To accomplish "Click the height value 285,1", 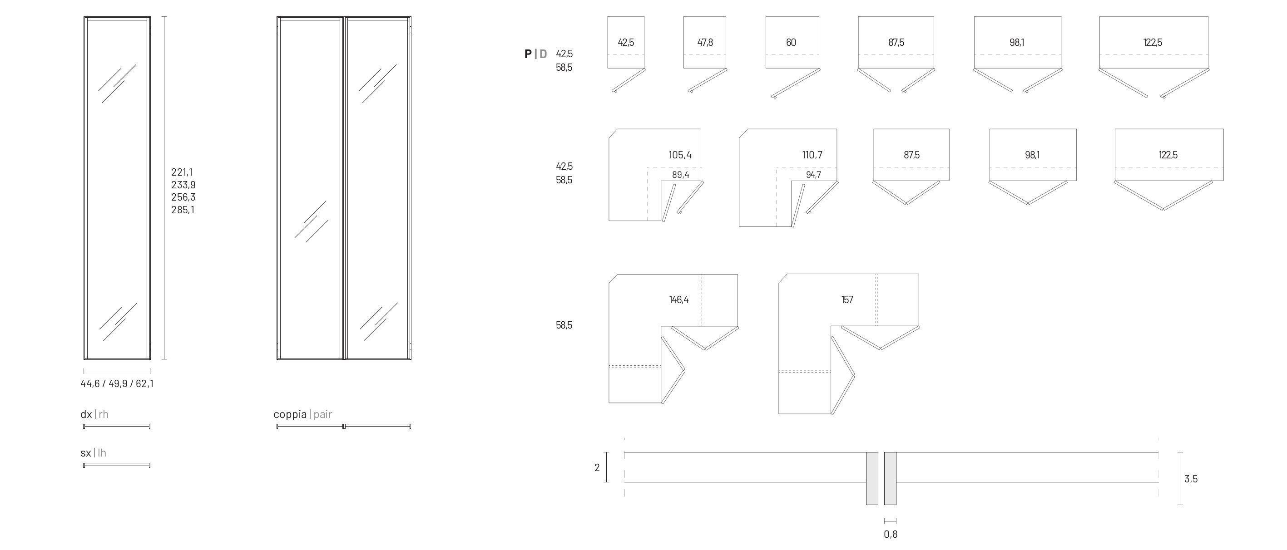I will pyautogui.click(x=183, y=210).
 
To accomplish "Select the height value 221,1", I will pyautogui.click(x=182, y=172).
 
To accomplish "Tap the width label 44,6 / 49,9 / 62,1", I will pyautogui.click(x=117, y=384).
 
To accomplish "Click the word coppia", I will pyautogui.click(x=290, y=414).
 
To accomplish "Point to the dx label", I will pyautogui.click(x=86, y=414).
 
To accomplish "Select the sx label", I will pyautogui.click(x=85, y=453).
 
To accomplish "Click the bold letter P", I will pyautogui.click(x=528, y=54).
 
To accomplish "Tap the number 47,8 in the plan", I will pyautogui.click(x=705, y=42).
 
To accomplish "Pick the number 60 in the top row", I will pyautogui.click(x=791, y=42).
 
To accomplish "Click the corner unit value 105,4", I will pyautogui.click(x=680, y=155).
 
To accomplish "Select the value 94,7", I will pyautogui.click(x=813, y=175).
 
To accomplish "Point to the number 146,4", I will pyautogui.click(x=678, y=300).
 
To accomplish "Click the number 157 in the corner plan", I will pyautogui.click(x=847, y=300).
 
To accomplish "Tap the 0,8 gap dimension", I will pyautogui.click(x=890, y=535).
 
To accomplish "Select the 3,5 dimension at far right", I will pyautogui.click(x=1191, y=479).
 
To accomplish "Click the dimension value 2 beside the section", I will pyautogui.click(x=597, y=468).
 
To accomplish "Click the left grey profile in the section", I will pyautogui.click(x=872, y=478).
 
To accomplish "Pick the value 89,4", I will pyautogui.click(x=680, y=175).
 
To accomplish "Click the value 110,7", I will pyautogui.click(x=812, y=155).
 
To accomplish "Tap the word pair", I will pyautogui.click(x=323, y=414).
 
